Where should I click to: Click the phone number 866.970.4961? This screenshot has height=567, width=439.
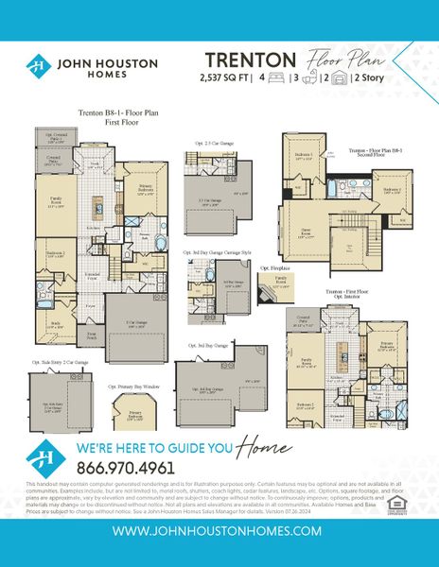point(122,468)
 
